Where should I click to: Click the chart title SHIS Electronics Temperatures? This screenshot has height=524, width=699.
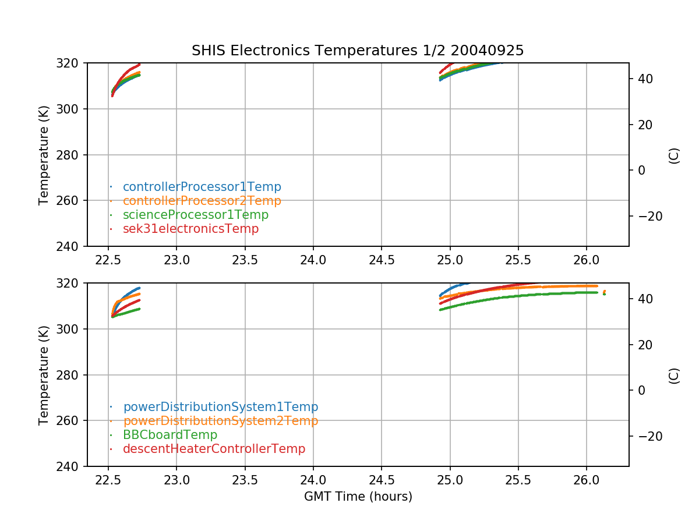point(358,51)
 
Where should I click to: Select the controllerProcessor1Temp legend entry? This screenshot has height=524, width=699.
point(202,187)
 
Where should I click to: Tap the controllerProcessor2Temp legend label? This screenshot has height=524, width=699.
point(202,201)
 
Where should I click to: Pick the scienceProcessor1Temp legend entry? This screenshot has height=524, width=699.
point(195,215)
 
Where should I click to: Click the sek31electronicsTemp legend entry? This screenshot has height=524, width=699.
point(190,229)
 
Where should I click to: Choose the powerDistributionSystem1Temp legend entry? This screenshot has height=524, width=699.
point(220,407)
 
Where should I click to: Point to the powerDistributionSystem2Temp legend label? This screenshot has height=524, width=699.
point(220,421)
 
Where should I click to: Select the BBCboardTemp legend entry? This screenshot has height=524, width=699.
point(170,435)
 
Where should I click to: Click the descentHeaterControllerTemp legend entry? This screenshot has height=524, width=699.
point(214,449)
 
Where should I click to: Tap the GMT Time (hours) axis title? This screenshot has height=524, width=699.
point(358,497)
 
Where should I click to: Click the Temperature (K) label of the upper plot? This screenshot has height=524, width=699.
point(44,154)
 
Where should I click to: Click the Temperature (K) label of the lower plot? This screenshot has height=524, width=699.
point(44,374)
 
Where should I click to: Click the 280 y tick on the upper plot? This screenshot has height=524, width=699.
point(72,155)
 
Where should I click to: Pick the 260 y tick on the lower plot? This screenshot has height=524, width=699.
point(72,421)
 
